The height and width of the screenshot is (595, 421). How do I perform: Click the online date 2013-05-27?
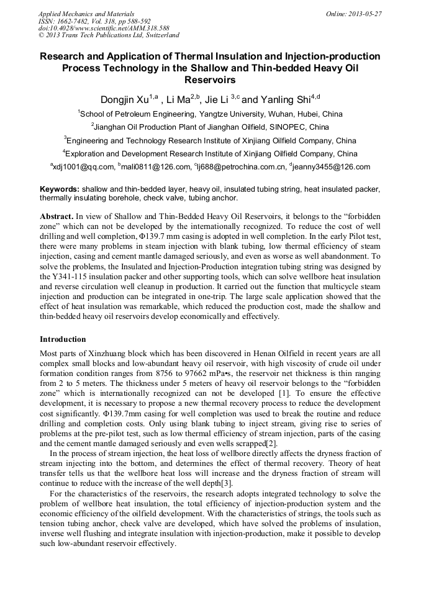coord(363,14)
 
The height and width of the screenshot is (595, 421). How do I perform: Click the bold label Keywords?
coord(60,189)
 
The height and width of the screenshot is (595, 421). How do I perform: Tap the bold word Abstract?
coord(57,215)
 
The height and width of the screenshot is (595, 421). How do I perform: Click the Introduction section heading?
coord(63,339)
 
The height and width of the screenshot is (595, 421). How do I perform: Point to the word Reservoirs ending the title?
coord(210,80)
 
